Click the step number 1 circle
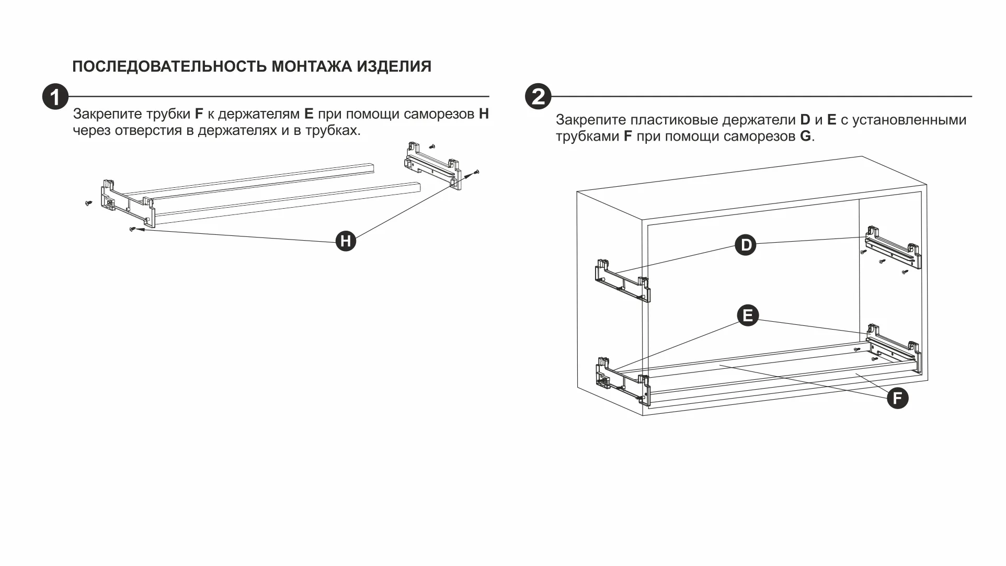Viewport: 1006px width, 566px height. click(55, 97)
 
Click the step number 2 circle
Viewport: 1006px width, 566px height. click(538, 97)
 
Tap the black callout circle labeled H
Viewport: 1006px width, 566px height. click(346, 241)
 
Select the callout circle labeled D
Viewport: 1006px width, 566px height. click(746, 245)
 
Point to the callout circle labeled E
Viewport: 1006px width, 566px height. click(748, 315)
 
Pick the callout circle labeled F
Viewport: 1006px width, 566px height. click(898, 398)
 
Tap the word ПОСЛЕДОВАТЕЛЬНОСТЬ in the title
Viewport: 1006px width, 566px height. click(169, 67)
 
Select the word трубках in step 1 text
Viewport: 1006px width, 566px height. click(333, 131)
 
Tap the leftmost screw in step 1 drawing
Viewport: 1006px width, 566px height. click(88, 202)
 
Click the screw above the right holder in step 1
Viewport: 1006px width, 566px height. click(432, 147)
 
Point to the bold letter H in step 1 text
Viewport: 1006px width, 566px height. click(484, 114)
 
